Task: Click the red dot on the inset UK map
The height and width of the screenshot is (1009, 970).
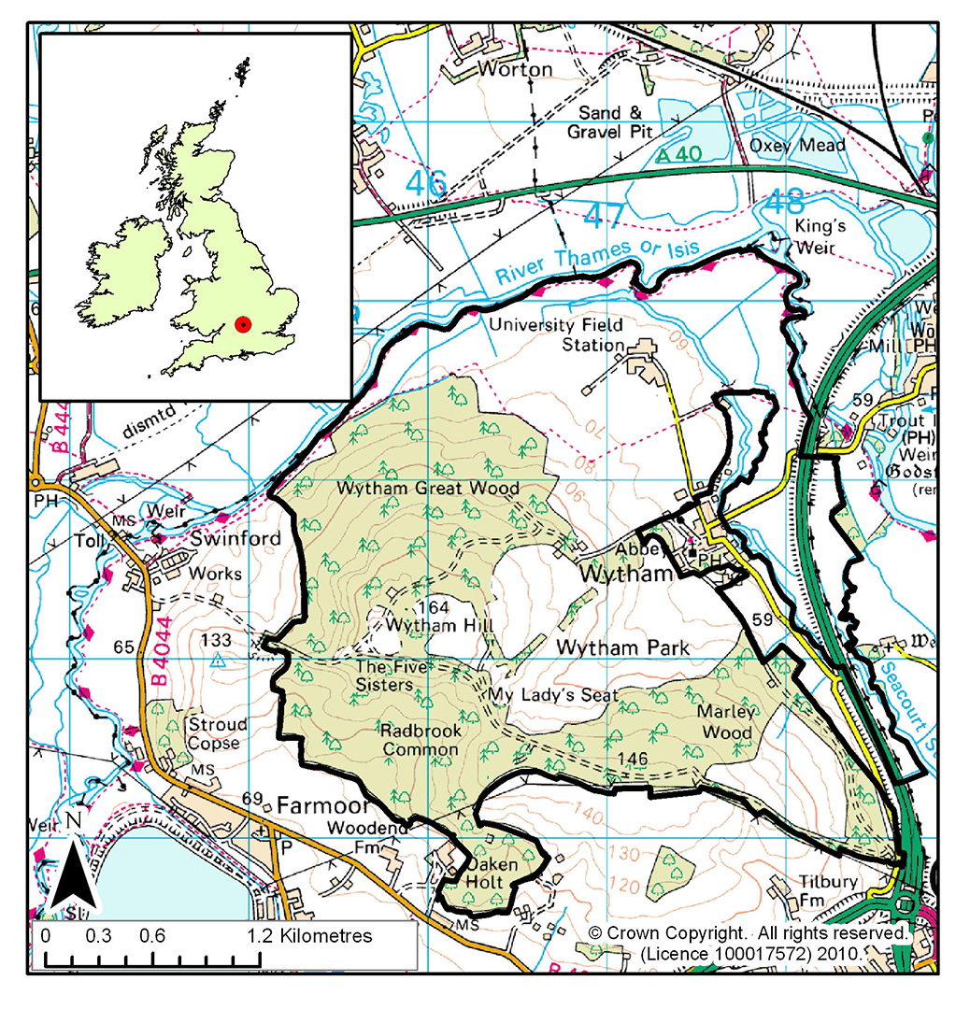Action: point(243,324)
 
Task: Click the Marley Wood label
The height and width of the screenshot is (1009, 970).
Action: point(725,721)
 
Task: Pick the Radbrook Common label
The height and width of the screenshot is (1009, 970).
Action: point(421,739)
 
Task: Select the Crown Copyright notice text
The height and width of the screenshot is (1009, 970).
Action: point(748,943)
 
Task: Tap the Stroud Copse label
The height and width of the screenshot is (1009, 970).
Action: point(218,733)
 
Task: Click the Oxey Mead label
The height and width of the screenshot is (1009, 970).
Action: point(797,146)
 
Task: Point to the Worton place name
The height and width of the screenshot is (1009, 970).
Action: point(515,69)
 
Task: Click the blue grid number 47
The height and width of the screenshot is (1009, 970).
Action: point(603,218)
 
